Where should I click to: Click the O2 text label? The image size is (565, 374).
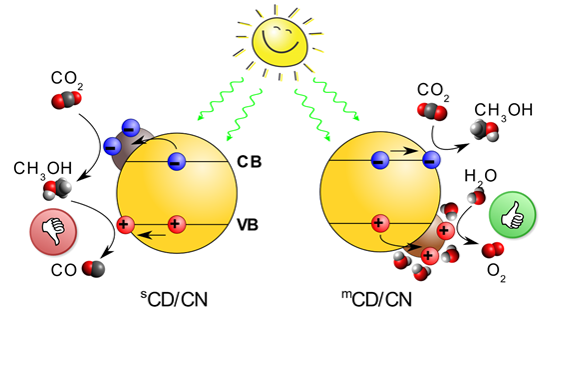coord(495,270)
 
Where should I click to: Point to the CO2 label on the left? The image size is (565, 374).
coord(65,77)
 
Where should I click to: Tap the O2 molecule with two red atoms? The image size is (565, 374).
coord(491,250)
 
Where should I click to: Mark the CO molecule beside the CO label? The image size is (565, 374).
coord(92,268)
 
